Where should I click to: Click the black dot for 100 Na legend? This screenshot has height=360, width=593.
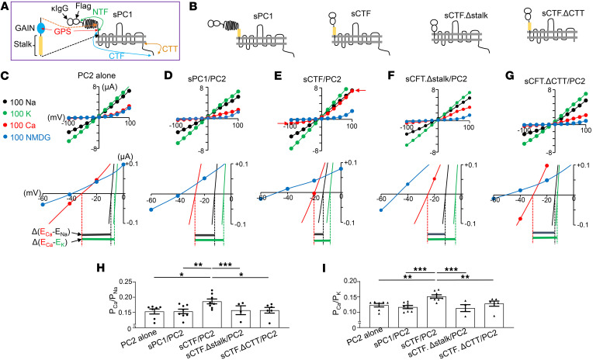[8, 102]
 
